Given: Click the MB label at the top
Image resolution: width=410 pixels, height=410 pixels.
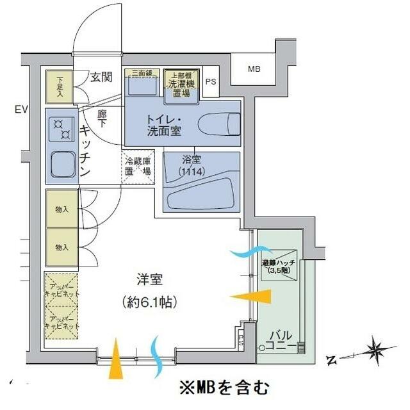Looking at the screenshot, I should [254, 69].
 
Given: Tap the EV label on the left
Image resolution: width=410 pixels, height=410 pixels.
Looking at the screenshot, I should [22, 110].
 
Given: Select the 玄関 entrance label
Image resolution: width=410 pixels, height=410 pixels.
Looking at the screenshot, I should [101, 78].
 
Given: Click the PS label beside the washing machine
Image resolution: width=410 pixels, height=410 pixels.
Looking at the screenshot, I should [210, 81].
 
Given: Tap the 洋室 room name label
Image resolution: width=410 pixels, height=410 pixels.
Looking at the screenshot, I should [149, 280].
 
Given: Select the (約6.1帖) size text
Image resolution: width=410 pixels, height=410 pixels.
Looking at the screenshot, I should [149, 300].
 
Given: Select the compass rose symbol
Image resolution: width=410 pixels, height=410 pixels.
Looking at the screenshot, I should [375, 351].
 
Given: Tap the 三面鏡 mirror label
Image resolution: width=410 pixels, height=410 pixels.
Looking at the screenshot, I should [142, 72].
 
